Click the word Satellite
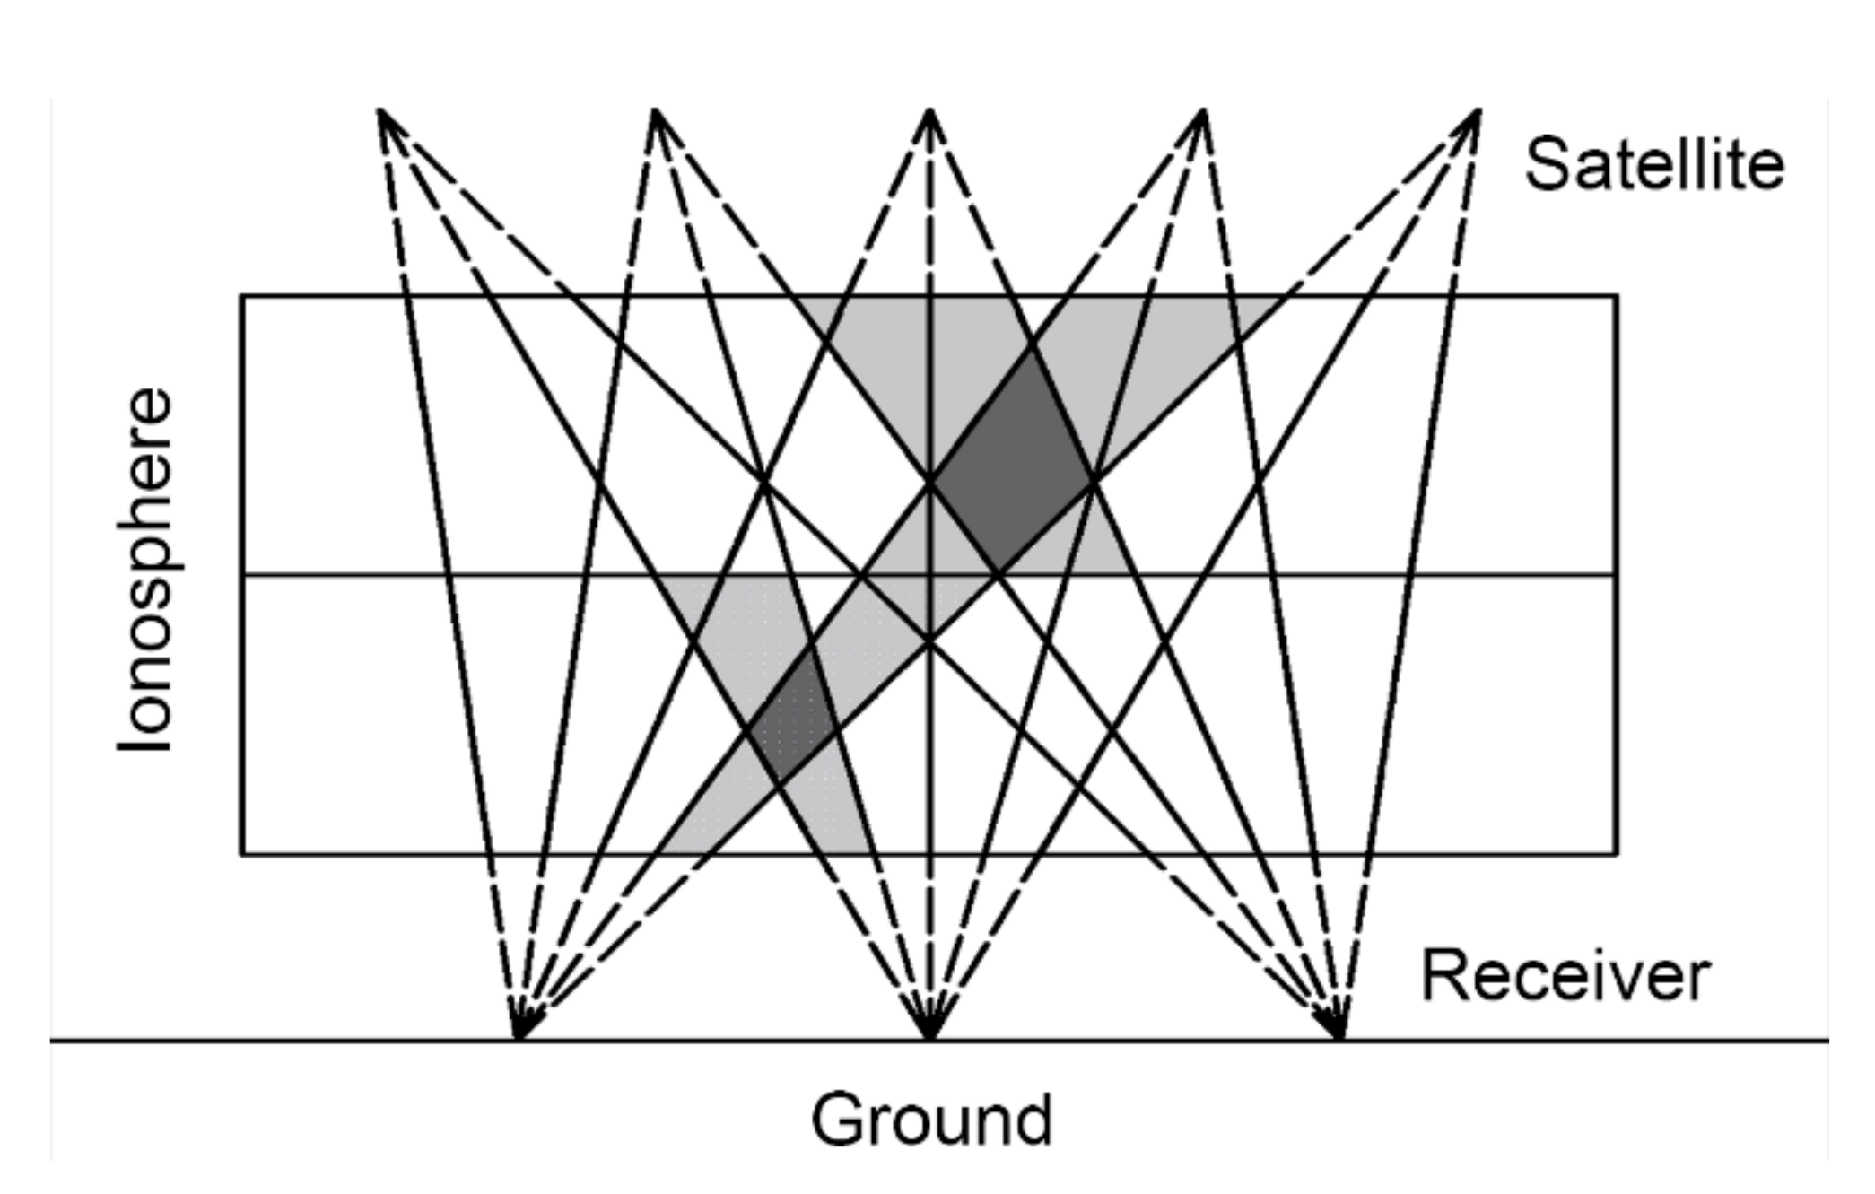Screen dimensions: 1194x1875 pos(1654,164)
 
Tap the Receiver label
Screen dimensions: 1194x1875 pos(1565,976)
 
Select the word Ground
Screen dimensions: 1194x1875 pos(931,1119)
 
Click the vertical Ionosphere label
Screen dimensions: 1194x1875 pos(145,571)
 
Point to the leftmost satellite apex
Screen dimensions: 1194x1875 pos(380,111)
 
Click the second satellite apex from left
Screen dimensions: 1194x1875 pos(656,111)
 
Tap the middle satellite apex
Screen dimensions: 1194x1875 pos(930,111)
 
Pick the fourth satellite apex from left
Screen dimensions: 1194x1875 pos(1204,111)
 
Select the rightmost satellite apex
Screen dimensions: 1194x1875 pos(1478,111)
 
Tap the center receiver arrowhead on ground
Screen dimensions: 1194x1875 pos(930,1032)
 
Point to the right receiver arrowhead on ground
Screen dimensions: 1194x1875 pos(1338,1032)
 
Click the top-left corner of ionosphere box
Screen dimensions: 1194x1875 pos(242,296)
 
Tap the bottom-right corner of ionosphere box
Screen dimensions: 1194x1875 pos(1618,854)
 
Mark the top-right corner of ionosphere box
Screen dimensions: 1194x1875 pos(1618,296)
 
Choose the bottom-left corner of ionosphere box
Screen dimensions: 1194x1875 pos(242,854)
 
